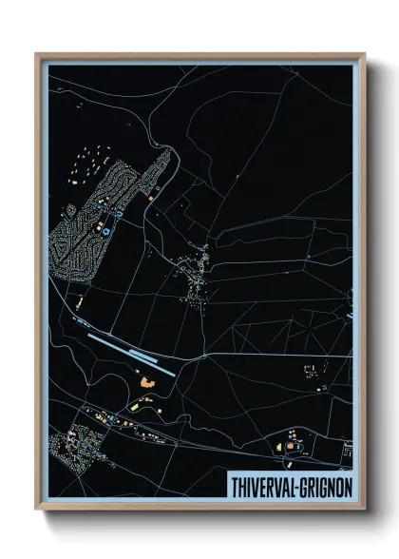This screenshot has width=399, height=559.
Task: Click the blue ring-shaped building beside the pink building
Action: click(x=107, y=229)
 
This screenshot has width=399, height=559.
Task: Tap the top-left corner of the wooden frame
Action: click(x=37, y=55)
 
